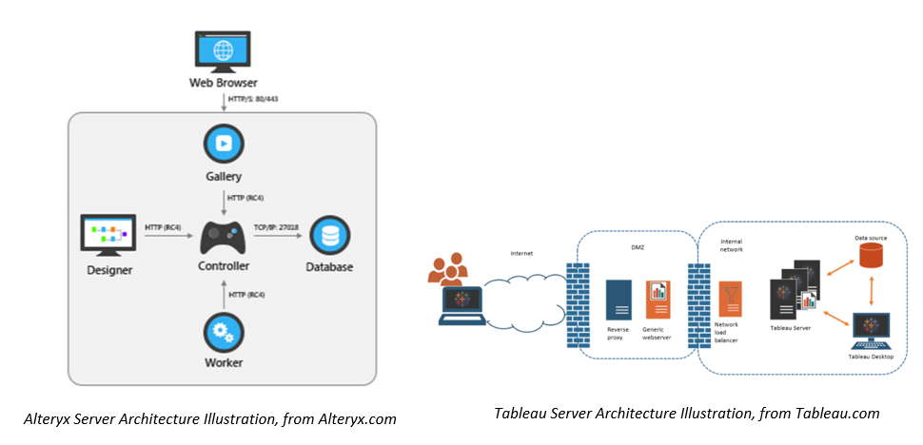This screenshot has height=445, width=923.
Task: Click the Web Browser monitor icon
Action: [223, 50]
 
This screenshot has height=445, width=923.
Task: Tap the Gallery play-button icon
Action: [225, 145]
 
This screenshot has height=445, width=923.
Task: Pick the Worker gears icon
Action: [225, 334]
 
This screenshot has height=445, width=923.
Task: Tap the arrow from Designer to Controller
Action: [166, 238]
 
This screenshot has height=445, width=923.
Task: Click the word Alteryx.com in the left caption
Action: [361, 417]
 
